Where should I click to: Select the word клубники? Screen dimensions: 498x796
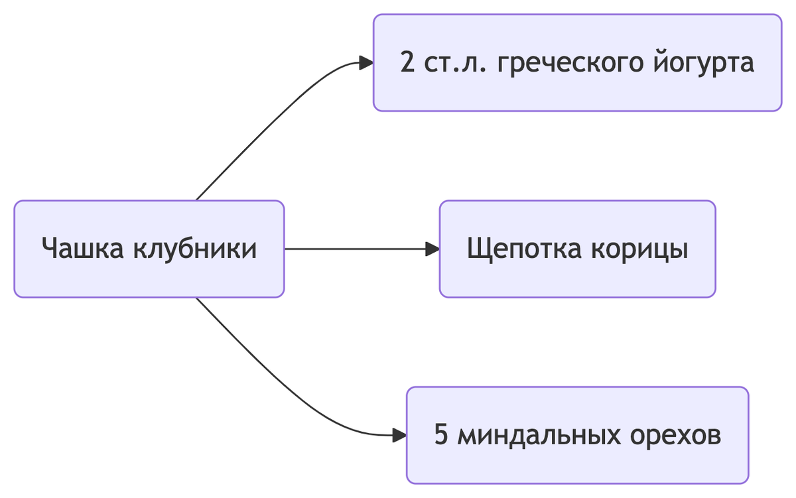click(195, 249)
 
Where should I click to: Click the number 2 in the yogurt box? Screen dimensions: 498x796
click(407, 63)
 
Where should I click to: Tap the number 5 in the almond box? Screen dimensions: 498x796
click(441, 436)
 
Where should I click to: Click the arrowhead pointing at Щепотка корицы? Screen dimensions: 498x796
click(432, 249)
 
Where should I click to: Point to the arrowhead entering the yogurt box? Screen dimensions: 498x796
click(366, 63)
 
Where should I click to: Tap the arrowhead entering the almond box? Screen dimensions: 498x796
click(399, 436)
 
